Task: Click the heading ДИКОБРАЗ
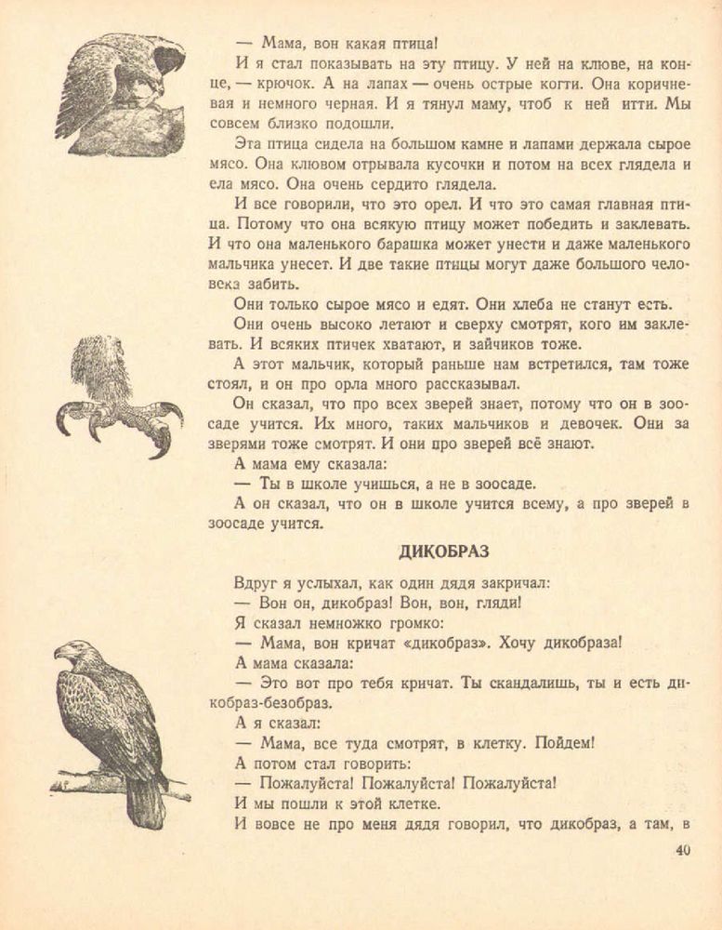pyautogui.click(x=443, y=551)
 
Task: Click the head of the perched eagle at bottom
pyautogui.click(x=71, y=651)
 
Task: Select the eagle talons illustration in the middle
pyautogui.click(x=116, y=400)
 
